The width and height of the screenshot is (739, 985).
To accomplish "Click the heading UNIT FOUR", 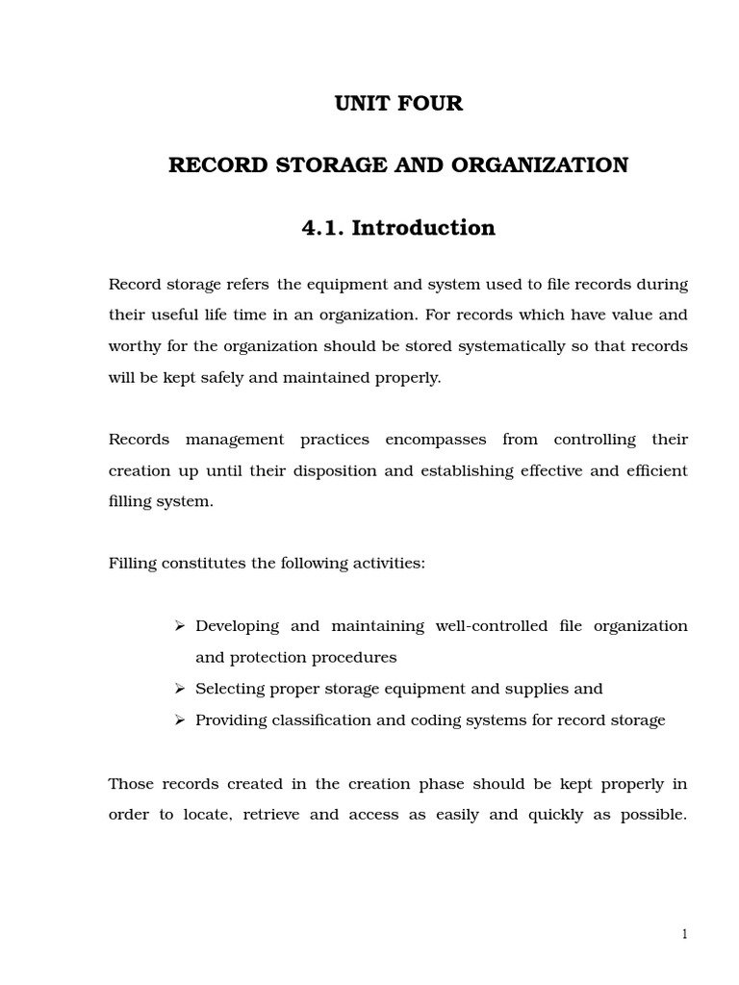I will [x=398, y=104].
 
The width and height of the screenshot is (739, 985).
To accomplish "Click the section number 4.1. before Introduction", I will [x=323, y=228].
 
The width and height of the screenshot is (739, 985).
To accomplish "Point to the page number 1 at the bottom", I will [x=684, y=934].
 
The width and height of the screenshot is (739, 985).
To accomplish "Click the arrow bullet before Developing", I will [x=179, y=626].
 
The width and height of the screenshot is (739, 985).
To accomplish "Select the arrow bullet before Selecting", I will [x=179, y=689].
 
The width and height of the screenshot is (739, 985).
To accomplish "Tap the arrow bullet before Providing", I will [x=179, y=720].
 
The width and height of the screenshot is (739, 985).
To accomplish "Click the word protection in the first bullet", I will [x=269, y=658].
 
